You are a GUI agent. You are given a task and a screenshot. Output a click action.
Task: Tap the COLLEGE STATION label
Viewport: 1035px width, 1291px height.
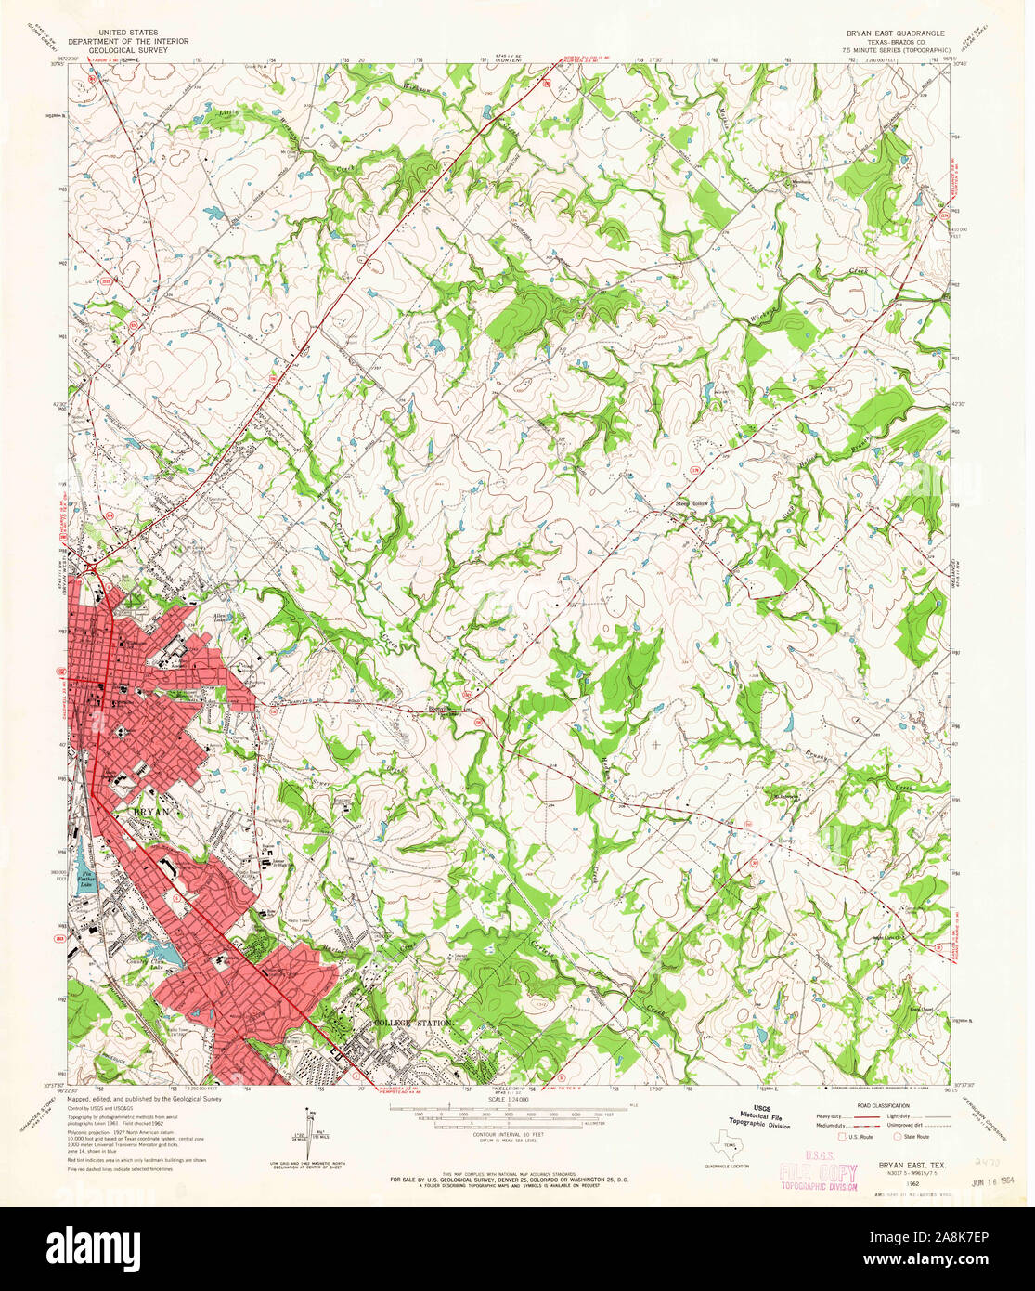pyautogui.click(x=412, y=1023)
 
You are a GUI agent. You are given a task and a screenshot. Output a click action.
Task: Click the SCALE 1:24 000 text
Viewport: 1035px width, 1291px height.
pyautogui.click(x=505, y=1100)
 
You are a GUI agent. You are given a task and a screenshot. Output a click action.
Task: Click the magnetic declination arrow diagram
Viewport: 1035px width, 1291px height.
pyautogui.click(x=310, y=1128)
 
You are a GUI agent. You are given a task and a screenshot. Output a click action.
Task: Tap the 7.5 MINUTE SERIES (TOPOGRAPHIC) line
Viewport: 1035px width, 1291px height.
pyautogui.click(x=896, y=50)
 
